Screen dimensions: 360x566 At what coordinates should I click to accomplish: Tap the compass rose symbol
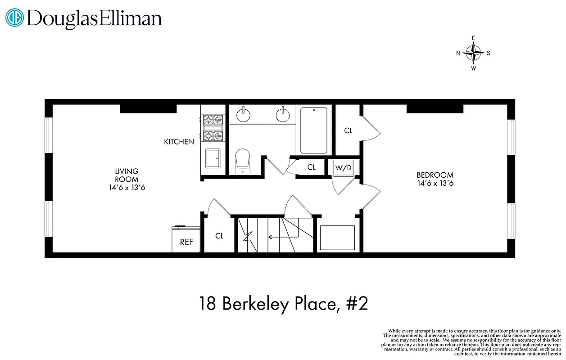473,53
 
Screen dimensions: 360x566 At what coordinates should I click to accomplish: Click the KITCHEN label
179,142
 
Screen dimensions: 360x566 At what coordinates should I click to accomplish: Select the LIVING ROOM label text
127,175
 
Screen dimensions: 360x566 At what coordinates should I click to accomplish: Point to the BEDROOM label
435,175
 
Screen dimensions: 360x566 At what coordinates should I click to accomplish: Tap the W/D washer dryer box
343,168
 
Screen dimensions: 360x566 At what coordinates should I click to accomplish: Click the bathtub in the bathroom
313,130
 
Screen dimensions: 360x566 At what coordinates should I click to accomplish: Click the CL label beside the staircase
219,235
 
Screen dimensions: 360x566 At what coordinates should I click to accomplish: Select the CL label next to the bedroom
348,130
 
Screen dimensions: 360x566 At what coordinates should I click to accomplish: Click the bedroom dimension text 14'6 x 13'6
435,183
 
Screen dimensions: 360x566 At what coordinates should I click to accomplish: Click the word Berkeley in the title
261,304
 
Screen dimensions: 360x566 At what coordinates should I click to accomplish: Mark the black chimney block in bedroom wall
435,108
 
